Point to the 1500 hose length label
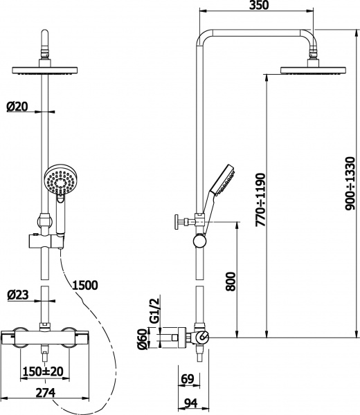coord(84,284)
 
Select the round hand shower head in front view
coord(57,181)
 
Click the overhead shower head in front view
coord(47,71)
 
